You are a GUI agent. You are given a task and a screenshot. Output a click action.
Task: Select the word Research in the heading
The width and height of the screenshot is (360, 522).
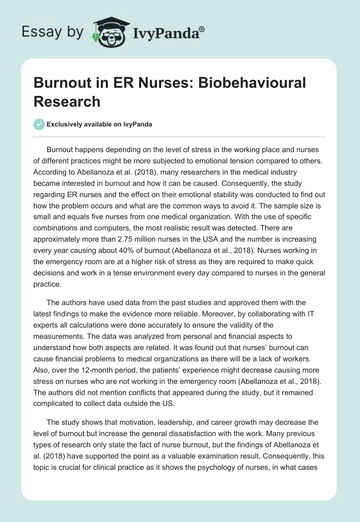67,101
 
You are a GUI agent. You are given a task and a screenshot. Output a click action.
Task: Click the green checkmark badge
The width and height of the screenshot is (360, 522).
40,124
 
